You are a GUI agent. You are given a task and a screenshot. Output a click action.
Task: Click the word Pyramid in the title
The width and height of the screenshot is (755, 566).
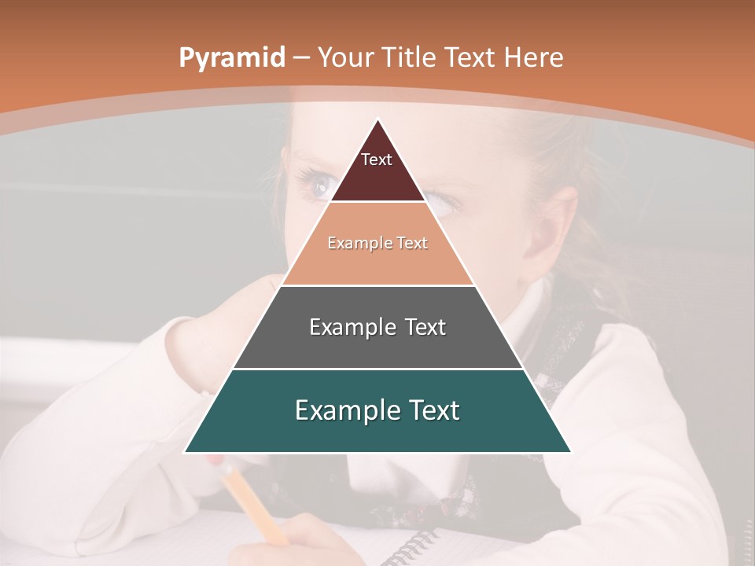(x=231, y=58)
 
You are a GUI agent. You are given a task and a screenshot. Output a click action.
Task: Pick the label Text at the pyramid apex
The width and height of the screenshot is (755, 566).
(x=377, y=160)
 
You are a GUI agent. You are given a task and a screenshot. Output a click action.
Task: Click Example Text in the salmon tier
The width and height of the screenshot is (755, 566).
(x=377, y=243)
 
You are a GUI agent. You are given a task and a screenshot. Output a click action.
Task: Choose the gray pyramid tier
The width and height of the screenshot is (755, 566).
(x=377, y=346)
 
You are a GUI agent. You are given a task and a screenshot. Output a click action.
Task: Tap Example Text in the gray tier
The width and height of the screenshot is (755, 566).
(x=377, y=327)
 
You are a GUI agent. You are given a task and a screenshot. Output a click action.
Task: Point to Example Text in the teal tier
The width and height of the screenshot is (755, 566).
(x=377, y=410)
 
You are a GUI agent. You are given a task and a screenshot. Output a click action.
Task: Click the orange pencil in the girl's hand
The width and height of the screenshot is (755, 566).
(x=252, y=503)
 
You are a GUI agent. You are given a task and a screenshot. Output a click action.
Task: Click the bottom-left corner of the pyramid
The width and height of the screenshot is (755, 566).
(x=186, y=452)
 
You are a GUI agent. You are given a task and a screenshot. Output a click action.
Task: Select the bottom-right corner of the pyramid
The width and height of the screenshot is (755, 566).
(x=570, y=452)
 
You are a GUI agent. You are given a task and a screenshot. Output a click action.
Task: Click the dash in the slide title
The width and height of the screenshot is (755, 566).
(x=301, y=58)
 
